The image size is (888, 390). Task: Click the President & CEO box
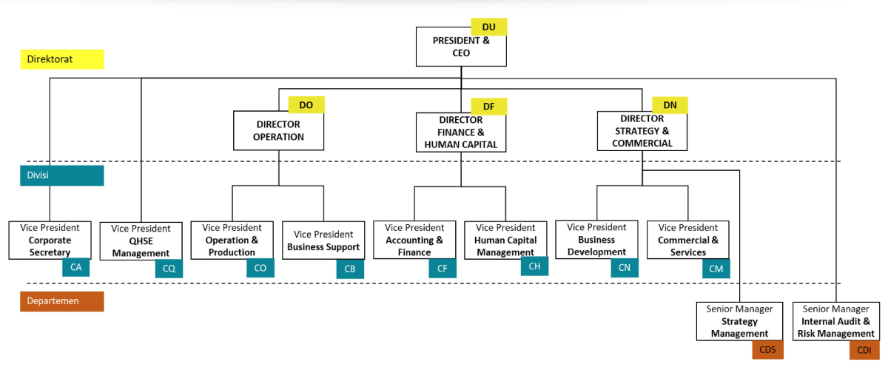point(461,47)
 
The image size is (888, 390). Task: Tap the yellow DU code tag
point(489,27)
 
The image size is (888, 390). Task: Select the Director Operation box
point(279,130)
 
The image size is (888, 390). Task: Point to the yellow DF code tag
point(489,107)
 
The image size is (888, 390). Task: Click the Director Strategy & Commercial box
point(642,131)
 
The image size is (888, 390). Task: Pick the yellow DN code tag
point(670,105)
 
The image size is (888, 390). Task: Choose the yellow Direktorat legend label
point(62,59)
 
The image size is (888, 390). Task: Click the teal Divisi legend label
point(62,175)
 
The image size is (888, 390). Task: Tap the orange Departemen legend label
point(62,301)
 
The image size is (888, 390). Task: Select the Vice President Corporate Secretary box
point(50,241)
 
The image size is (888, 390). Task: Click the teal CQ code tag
point(169,269)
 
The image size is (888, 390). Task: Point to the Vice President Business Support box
point(323,241)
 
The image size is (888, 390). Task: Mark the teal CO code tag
point(260,268)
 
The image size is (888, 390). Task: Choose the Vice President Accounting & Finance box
point(414,240)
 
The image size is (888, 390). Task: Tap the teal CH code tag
point(535,266)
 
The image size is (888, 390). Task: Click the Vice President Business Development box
point(596,239)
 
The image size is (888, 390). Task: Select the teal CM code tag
point(716,269)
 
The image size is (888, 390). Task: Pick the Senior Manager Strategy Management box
point(740,321)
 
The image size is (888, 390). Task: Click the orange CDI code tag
point(864,350)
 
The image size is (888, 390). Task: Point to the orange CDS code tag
point(767,349)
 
